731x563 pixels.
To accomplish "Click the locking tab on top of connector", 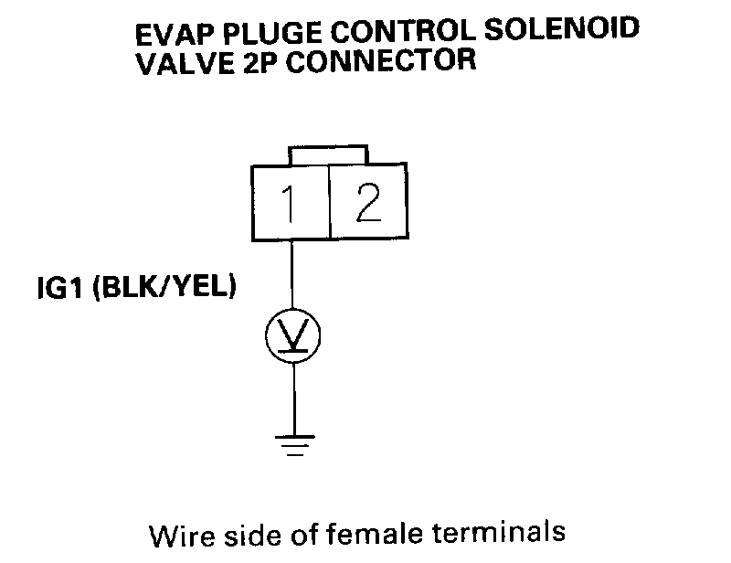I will pyautogui.click(x=328, y=154).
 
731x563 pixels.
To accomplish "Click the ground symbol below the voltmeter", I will pyautogui.click(x=293, y=444).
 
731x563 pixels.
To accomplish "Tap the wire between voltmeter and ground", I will pyautogui.click(x=293, y=398).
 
